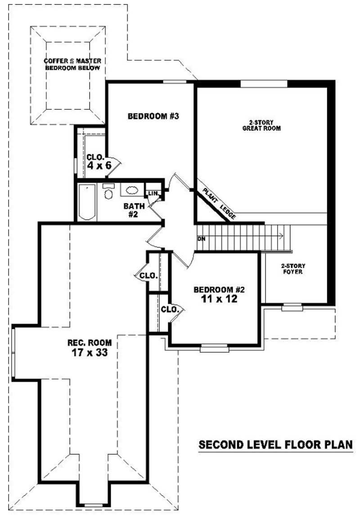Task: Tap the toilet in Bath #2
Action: [108, 193]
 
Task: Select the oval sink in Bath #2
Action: [131, 190]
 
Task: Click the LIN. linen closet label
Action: [153, 193]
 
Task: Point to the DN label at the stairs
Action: [201, 238]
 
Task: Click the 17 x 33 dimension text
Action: [90, 353]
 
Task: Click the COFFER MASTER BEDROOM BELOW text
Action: [72, 64]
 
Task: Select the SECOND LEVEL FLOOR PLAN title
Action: [275, 445]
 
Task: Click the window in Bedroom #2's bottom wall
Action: [214, 347]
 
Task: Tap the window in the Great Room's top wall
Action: [264, 83]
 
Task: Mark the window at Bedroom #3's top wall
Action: [175, 81]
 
